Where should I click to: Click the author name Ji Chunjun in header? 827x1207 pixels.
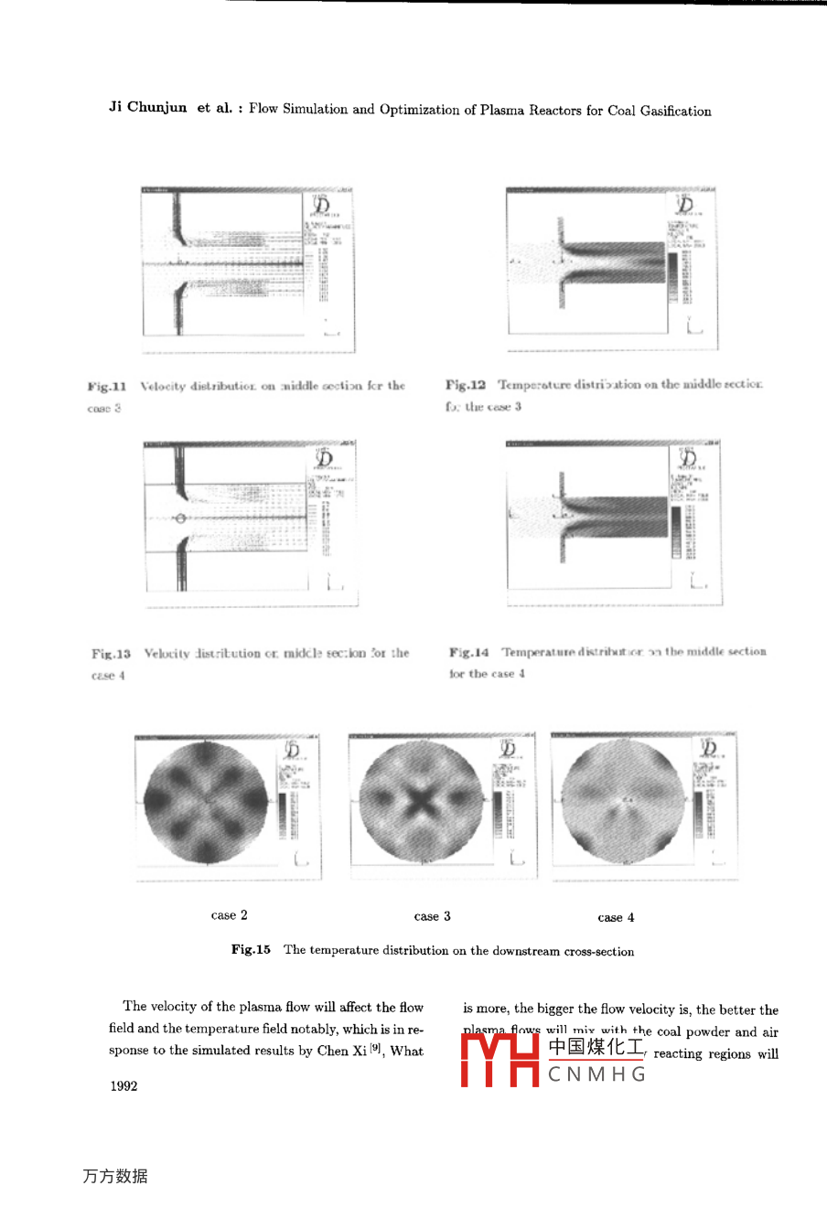147,107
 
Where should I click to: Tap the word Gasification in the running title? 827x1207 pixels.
675,111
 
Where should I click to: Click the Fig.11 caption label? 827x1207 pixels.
107,387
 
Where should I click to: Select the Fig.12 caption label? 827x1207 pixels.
466,385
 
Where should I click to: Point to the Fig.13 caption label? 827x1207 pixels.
111,654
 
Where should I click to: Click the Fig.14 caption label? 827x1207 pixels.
468,652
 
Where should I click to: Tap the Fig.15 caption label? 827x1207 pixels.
251,949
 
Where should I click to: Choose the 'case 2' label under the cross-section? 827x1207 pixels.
229,915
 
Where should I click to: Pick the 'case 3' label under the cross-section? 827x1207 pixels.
432,916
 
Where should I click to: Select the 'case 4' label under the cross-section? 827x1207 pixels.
616,917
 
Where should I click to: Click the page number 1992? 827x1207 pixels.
124,1086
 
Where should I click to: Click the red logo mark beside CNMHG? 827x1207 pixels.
499,1059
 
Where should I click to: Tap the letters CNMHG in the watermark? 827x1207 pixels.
597,1074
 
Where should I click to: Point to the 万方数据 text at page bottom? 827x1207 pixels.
114,1176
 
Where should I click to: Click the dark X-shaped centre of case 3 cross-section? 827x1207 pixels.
421,802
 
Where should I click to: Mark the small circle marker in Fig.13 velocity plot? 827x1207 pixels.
180,518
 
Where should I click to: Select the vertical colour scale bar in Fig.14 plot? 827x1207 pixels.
676,531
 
